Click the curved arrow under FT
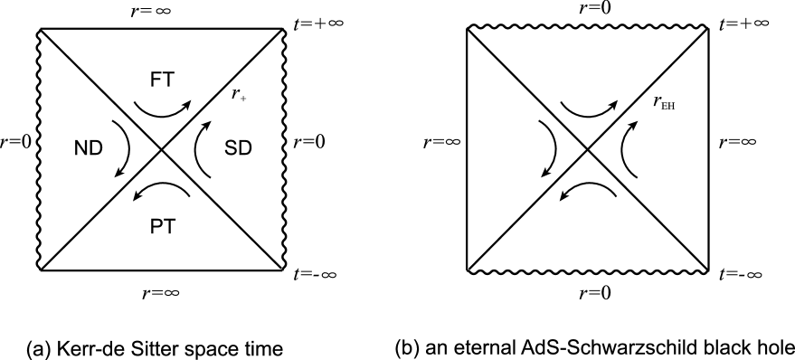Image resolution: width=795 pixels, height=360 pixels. [165, 109]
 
